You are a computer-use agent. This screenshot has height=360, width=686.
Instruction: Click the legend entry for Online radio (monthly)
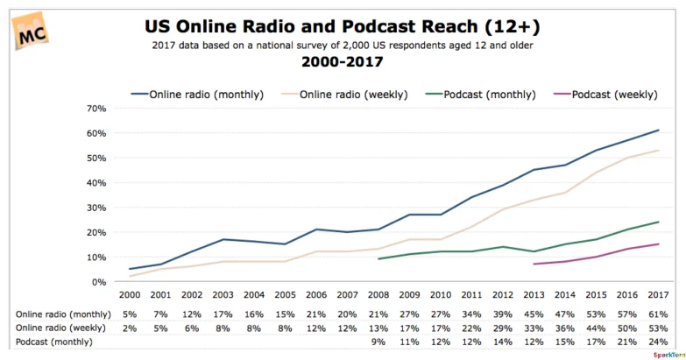point(187,93)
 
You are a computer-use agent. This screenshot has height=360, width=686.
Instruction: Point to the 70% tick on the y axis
point(95,109)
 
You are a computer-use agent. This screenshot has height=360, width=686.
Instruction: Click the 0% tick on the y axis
point(98,282)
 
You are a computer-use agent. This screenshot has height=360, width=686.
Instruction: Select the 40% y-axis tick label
point(95,183)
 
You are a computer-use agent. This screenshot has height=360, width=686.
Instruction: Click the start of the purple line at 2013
point(534,264)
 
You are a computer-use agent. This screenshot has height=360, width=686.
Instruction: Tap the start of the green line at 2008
point(378,259)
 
